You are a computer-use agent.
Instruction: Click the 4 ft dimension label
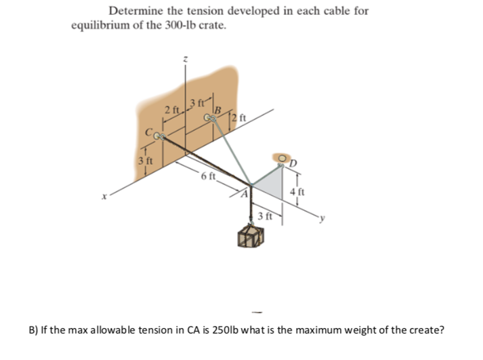[293, 191]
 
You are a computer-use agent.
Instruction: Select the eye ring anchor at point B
[209, 119]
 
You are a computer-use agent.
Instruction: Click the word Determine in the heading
[135, 11]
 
